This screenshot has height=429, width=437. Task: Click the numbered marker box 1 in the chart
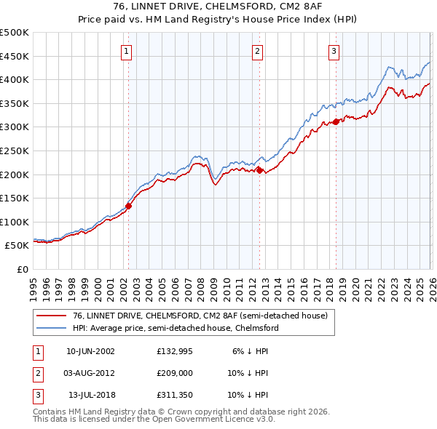pyautogui.click(x=127, y=51)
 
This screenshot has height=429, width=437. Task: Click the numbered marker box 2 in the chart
pyautogui.click(x=259, y=51)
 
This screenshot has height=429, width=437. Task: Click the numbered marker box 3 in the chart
pyautogui.click(x=334, y=51)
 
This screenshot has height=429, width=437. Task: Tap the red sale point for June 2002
pyautogui.click(x=129, y=206)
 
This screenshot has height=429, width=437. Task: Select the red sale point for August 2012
pyautogui.click(x=259, y=170)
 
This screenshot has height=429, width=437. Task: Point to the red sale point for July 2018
pyautogui.click(x=336, y=121)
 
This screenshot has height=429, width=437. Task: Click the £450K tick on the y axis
pyautogui.click(x=15, y=56)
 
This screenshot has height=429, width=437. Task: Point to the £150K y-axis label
pyautogui.click(x=15, y=198)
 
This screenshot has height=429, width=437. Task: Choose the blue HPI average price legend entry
pyautogui.click(x=175, y=328)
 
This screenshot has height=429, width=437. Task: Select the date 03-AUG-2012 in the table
pyautogui.click(x=90, y=372)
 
